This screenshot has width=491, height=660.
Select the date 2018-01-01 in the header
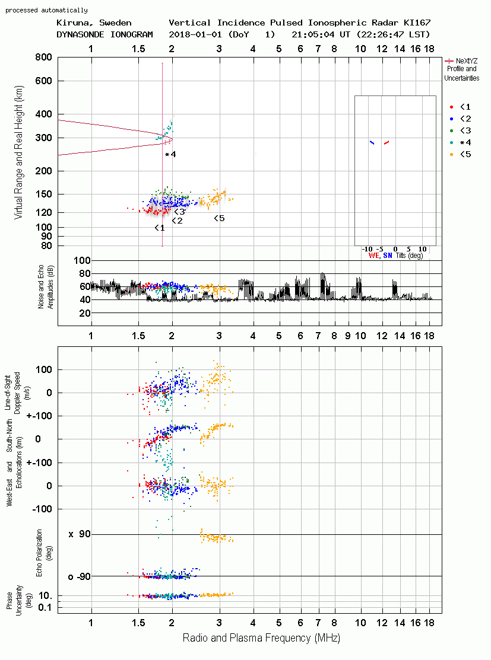pos(195,34)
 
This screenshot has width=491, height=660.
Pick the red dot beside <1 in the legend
pos(452,107)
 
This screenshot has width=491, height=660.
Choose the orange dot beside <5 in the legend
pos(452,155)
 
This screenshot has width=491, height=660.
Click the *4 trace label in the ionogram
pos(170,155)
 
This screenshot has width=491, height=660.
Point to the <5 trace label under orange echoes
pos(219,218)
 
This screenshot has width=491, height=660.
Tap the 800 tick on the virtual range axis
pos(43,57)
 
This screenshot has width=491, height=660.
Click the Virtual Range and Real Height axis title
pos(18,152)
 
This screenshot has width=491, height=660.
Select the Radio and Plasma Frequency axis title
pos(261,638)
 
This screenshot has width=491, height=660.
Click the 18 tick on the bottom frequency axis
pos(429,623)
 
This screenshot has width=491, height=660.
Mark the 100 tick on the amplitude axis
pos(82,260)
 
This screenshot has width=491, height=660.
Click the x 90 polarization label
pos(80,534)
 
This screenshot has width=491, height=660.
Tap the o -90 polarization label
pos(79,576)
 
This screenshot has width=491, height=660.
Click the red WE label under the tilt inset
pos(373,256)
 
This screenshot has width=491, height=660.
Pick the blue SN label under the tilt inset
pos(388,256)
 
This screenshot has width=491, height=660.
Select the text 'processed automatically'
pos(46,10)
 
